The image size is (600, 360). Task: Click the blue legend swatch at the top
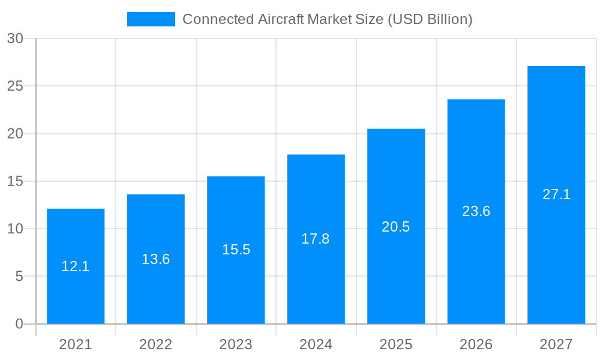(x=151, y=19)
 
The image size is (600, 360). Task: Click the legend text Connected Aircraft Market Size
(x=327, y=19)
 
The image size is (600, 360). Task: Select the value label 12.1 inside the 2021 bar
(x=76, y=266)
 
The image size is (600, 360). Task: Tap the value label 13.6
(x=156, y=259)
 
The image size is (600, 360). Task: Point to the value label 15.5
(x=236, y=250)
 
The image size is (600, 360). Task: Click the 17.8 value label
(x=316, y=239)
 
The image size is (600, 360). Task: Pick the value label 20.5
(x=396, y=227)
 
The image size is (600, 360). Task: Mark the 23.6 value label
(x=476, y=211)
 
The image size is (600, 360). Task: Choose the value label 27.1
(x=556, y=194)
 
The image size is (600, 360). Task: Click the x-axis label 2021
(x=76, y=344)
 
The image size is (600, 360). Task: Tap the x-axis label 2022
(x=156, y=344)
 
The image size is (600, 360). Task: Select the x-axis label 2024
(x=316, y=344)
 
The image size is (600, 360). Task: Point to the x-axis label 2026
(x=476, y=344)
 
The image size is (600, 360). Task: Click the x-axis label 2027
(x=556, y=344)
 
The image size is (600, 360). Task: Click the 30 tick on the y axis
(x=15, y=38)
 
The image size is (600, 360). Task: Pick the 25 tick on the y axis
(x=15, y=86)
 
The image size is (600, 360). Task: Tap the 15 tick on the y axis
(x=15, y=181)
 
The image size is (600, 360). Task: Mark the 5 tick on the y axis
(x=19, y=277)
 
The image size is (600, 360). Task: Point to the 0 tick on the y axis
(x=19, y=324)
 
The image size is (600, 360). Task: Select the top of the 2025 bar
(x=396, y=130)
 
